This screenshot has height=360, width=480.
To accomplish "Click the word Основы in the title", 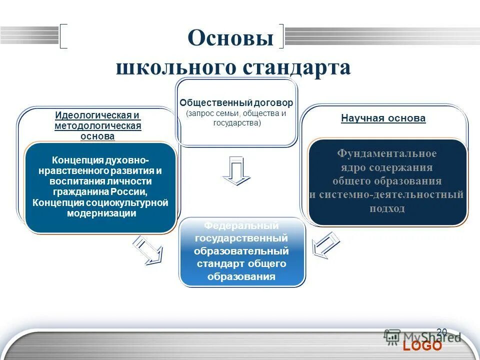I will [230, 38].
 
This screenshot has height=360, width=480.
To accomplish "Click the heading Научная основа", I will [383, 118].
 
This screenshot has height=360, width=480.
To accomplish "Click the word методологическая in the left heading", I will [97, 125].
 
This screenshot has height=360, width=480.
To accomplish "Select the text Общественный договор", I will [236, 103].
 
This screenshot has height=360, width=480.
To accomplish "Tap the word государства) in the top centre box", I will [236, 122].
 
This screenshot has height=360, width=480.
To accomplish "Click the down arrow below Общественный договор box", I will [236, 170].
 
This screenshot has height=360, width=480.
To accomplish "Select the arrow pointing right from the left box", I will [148, 250].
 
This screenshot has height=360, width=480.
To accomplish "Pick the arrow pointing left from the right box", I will [325, 245].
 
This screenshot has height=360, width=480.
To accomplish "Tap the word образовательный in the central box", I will [242, 251].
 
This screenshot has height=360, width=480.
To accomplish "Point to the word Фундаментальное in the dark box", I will [386, 153].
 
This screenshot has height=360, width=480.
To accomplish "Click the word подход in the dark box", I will [386, 208].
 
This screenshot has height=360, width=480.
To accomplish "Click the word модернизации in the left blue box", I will [101, 213].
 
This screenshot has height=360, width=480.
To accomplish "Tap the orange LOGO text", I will [422, 346].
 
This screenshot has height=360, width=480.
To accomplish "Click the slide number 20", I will [441, 332].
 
